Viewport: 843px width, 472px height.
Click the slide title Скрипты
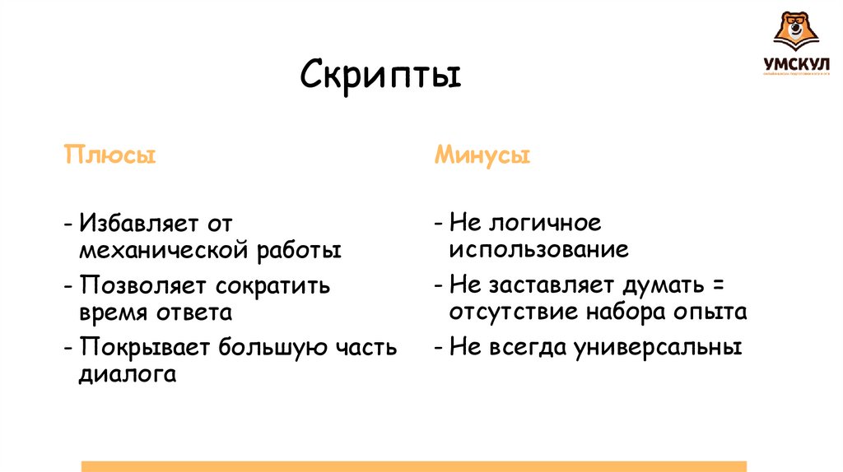point(380,77)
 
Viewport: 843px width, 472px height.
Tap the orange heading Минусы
point(482,155)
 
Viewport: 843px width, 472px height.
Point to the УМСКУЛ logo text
point(795,62)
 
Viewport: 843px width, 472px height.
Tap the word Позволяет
point(143,285)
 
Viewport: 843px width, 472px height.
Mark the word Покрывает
point(144,347)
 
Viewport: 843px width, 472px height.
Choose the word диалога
point(128,373)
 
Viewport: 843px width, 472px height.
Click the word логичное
point(544,224)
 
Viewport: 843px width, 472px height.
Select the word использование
point(539,249)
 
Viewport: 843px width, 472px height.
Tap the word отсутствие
point(515,312)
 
